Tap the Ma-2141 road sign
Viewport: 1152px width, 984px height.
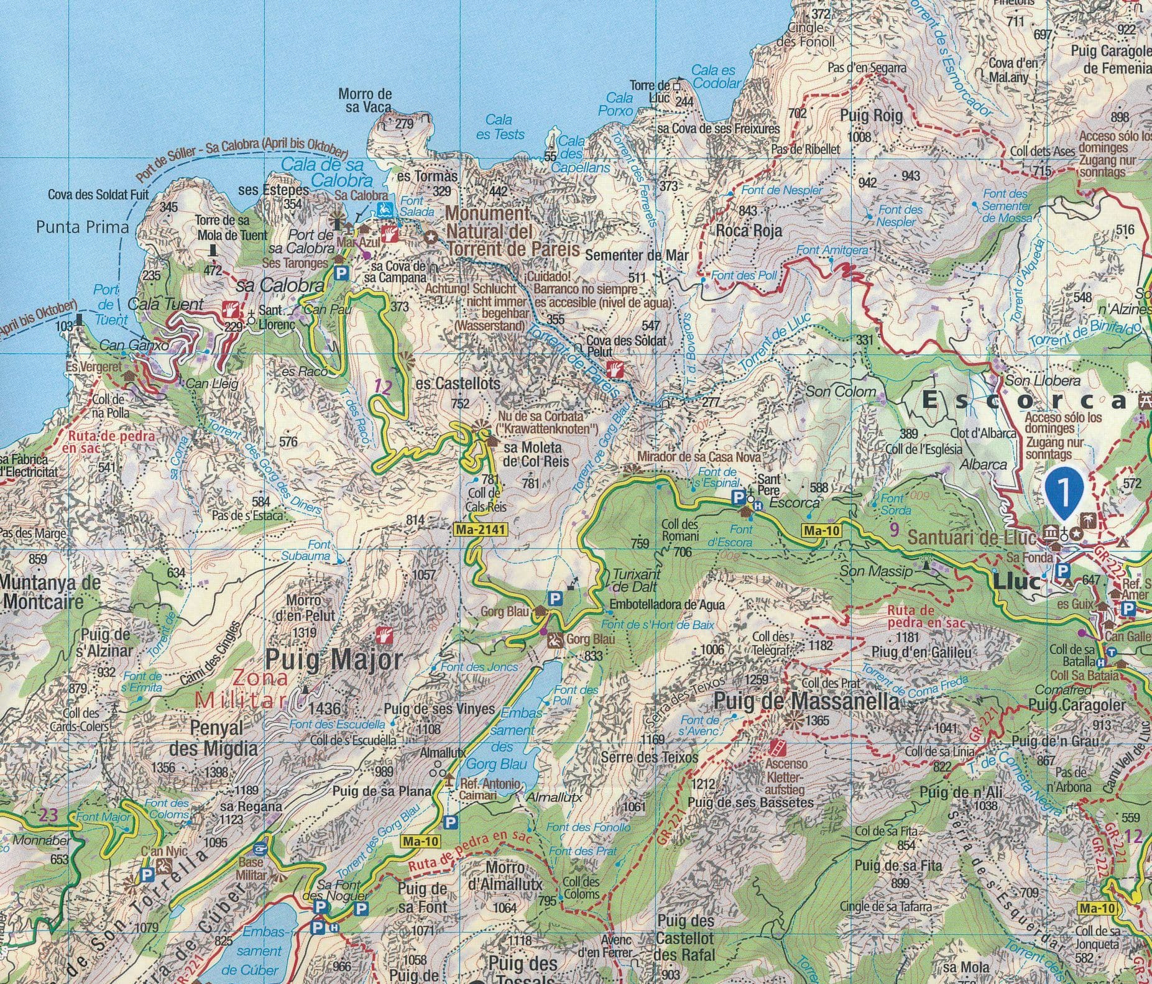click(481, 530)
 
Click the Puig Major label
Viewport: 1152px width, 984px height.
click(334, 660)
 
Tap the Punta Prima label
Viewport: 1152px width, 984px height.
click(82, 227)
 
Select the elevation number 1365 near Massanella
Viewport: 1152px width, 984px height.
click(817, 721)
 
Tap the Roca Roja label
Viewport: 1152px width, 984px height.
click(749, 231)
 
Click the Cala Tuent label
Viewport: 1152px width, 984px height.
click(157, 304)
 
